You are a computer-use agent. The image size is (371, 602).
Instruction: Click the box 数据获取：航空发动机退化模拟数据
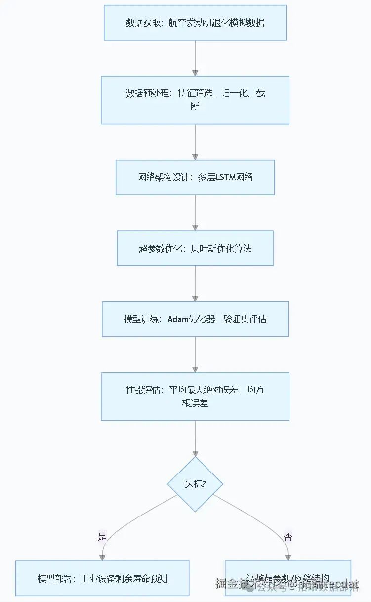pyautogui.click(x=195, y=23)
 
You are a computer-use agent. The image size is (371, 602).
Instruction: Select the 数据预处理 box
pyautogui.click(x=195, y=100)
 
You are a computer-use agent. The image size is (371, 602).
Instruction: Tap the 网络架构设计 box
pyautogui.click(x=195, y=177)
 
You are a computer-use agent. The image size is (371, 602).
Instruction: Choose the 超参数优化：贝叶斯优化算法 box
pyautogui.click(x=195, y=248)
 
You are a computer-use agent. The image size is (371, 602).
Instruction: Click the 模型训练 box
pyautogui.click(x=195, y=319)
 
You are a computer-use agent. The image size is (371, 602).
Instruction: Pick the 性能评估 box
pyautogui.click(x=195, y=396)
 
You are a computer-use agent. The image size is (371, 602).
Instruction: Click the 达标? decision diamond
pyautogui.click(x=195, y=484)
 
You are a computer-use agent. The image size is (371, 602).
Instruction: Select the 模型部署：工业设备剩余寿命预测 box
pyautogui.click(x=102, y=578)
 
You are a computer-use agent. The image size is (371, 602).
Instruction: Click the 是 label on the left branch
pyautogui.click(x=102, y=537)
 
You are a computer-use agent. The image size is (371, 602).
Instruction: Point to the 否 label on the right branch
pyautogui.click(x=288, y=537)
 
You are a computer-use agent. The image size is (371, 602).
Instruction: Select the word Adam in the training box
pyautogui.click(x=178, y=319)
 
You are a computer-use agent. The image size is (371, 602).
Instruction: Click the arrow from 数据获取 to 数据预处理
pyautogui.click(x=195, y=58)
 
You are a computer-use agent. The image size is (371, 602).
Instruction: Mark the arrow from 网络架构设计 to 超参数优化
pyautogui.click(x=195, y=213)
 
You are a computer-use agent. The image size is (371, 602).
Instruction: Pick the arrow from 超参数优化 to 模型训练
pyautogui.click(x=195, y=284)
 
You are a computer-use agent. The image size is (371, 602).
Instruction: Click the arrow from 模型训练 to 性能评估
pyautogui.click(x=195, y=354)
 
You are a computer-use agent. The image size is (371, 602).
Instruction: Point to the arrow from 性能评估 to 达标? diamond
pyautogui.click(x=195, y=438)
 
